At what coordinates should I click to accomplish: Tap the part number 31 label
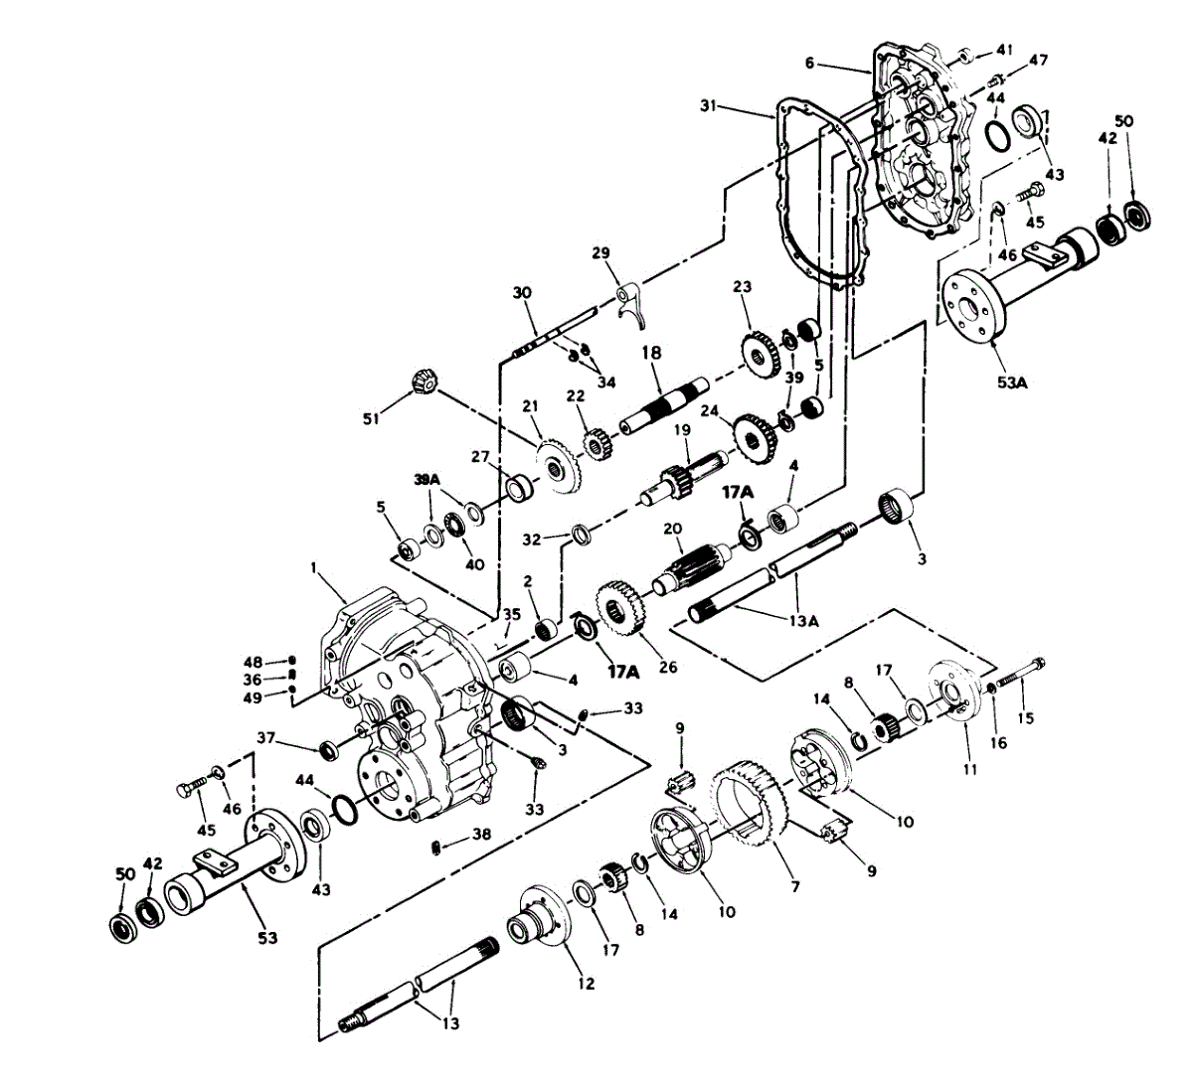coord(708,105)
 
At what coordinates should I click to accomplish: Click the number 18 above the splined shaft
coord(651,353)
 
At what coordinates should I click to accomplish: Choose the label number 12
coord(586,984)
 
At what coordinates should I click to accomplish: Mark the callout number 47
coord(1038,61)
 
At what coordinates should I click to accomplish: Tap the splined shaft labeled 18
coord(661,402)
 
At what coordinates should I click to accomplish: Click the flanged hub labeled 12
coord(537,924)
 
